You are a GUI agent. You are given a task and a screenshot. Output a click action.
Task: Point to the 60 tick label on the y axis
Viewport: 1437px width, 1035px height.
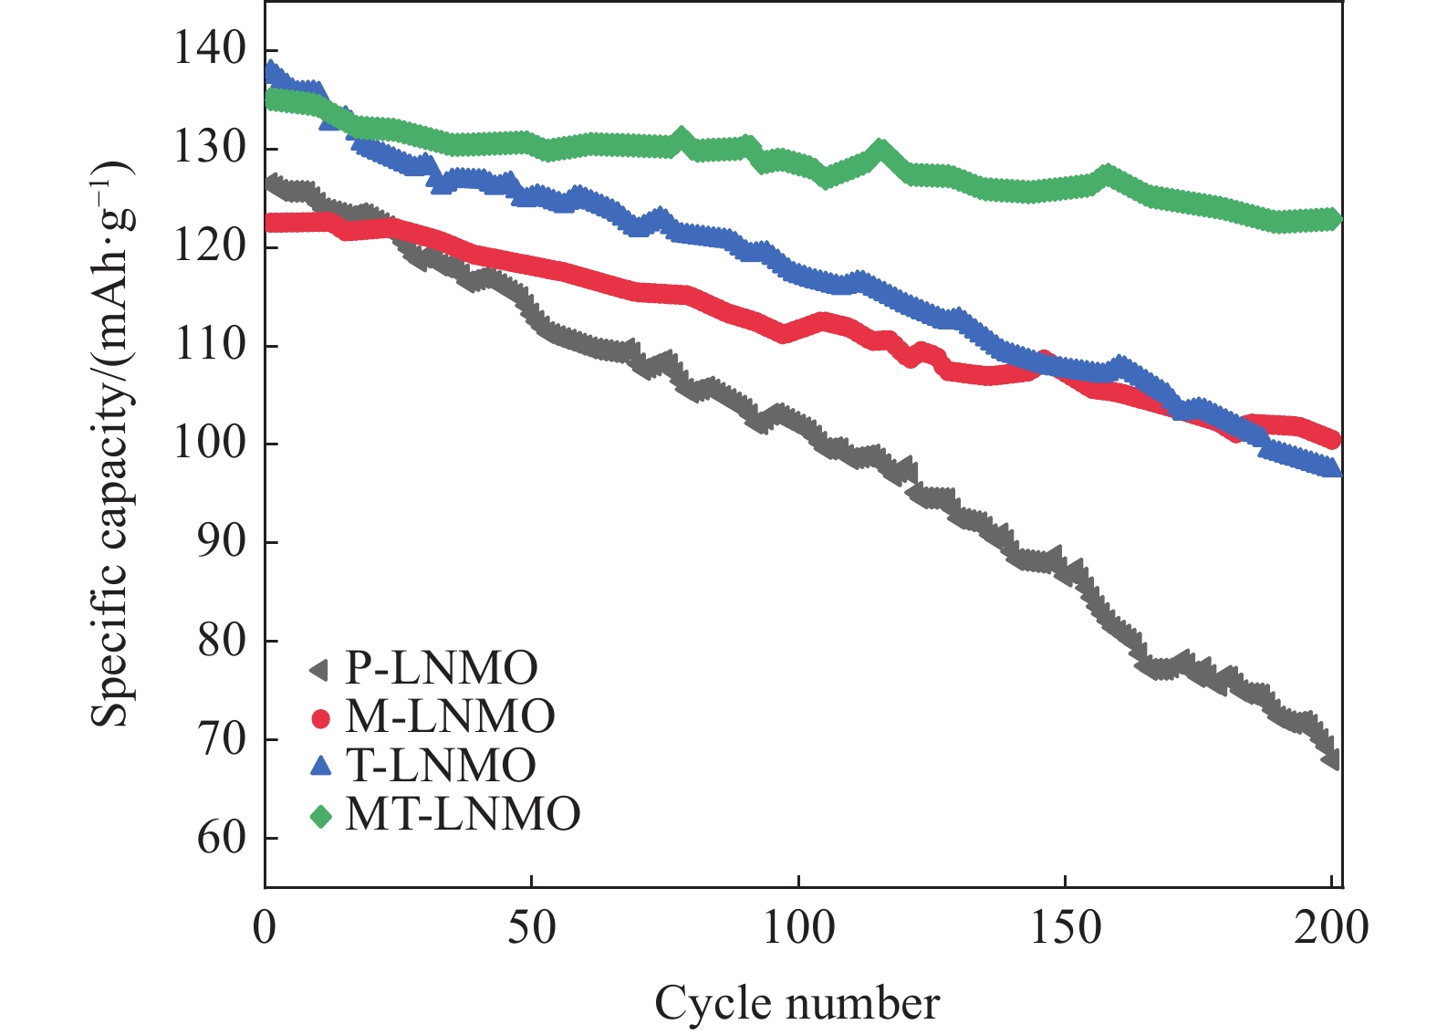[x=222, y=838]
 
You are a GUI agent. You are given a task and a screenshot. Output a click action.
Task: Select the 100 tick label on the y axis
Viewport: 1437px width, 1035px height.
[x=209, y=444]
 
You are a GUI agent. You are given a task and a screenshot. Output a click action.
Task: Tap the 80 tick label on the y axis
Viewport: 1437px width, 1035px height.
[x=222, y=641]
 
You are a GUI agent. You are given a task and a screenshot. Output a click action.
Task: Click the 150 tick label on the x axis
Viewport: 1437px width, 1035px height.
[x=1065, y=928]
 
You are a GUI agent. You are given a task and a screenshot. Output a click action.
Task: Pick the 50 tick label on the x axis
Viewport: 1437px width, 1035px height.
[x=531, y=928]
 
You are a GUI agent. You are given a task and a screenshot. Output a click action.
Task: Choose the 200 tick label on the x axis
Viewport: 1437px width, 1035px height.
[x=1331, y=928]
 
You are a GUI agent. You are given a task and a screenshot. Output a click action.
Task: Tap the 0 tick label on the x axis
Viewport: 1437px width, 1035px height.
[x=265, y=928]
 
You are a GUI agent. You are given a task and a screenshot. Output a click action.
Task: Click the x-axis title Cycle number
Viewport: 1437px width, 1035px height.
[x=797, y=1003]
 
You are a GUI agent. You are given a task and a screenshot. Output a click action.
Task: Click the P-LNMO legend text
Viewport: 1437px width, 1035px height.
[x=442, y=670]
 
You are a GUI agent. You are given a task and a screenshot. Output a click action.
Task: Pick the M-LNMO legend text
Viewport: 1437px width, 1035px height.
[x=450, y=717]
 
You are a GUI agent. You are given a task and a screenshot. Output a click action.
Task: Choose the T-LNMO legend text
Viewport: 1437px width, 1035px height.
[x=441, y=766]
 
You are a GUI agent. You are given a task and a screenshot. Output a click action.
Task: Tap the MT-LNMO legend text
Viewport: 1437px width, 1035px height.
[x=463, y=814]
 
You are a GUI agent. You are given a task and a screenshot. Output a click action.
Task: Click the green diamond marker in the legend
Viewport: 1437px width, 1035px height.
[x=320, y=815]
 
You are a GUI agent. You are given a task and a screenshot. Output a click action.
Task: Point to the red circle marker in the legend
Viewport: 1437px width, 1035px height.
[x=320, y=718]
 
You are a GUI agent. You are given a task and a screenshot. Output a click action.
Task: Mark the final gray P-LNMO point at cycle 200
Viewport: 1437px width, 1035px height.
[x=1331, y=758]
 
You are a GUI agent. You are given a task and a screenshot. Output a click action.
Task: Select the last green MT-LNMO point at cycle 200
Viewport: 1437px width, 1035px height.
[x=1331, y=219]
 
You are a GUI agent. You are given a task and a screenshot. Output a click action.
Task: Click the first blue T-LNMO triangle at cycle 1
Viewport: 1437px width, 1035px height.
[x=271, y=71]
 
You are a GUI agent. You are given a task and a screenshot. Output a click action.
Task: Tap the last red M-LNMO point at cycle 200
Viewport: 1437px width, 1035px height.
[x=1331, y=440]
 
